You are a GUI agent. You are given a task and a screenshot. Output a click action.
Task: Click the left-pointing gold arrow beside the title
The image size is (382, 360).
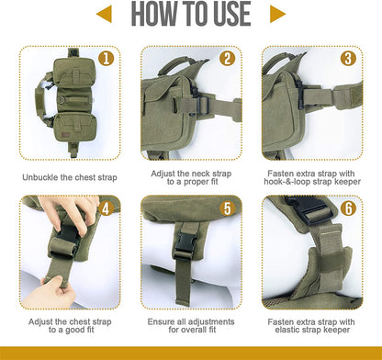[104, 14]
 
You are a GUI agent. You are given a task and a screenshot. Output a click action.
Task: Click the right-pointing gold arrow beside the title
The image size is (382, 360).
[277, 14]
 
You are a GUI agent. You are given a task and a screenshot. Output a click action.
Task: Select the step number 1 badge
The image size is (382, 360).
[107, 59]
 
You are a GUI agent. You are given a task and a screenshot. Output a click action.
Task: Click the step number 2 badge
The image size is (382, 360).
[228, 59]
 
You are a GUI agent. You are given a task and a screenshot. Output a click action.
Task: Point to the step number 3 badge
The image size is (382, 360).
[348, 59]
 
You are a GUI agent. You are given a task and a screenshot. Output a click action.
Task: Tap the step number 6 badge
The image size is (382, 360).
[348, 208]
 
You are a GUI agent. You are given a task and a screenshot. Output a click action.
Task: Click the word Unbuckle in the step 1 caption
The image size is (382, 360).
[39, 177]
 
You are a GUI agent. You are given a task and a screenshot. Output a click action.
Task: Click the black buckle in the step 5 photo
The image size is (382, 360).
[184, 246]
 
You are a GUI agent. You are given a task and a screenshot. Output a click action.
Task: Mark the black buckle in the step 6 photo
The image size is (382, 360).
[309, 209]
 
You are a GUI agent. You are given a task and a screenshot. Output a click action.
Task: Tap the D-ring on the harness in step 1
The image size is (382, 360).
[62, 99]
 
